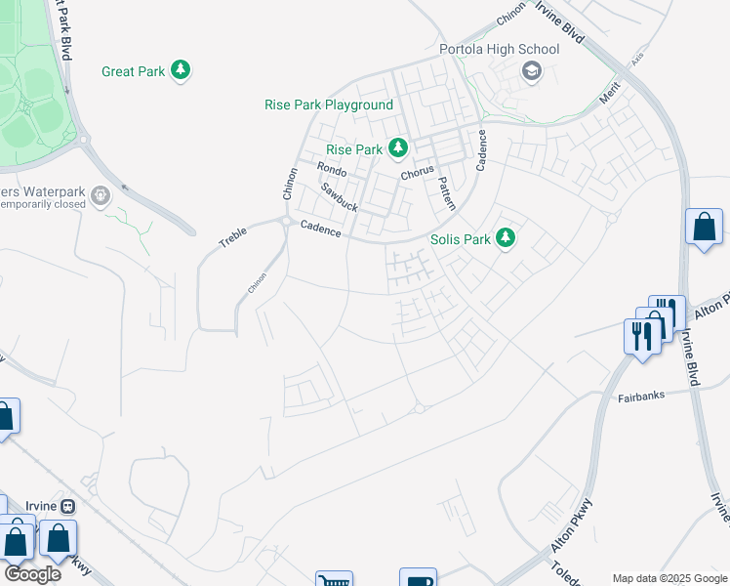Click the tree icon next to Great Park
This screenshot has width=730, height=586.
[180, 70]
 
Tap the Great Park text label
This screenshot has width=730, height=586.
[132, 71]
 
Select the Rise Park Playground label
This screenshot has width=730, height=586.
[329, 105]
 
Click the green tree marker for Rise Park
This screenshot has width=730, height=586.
[397, 148]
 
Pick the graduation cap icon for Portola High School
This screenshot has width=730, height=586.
[531, 70]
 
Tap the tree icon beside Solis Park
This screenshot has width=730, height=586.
[505, 237]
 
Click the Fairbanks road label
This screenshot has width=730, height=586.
[640, 398]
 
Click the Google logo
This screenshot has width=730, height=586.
[32, 573]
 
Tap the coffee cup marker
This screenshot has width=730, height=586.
[418, 579]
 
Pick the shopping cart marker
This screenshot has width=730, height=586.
[334, 580]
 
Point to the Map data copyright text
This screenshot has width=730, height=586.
[670, 578]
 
